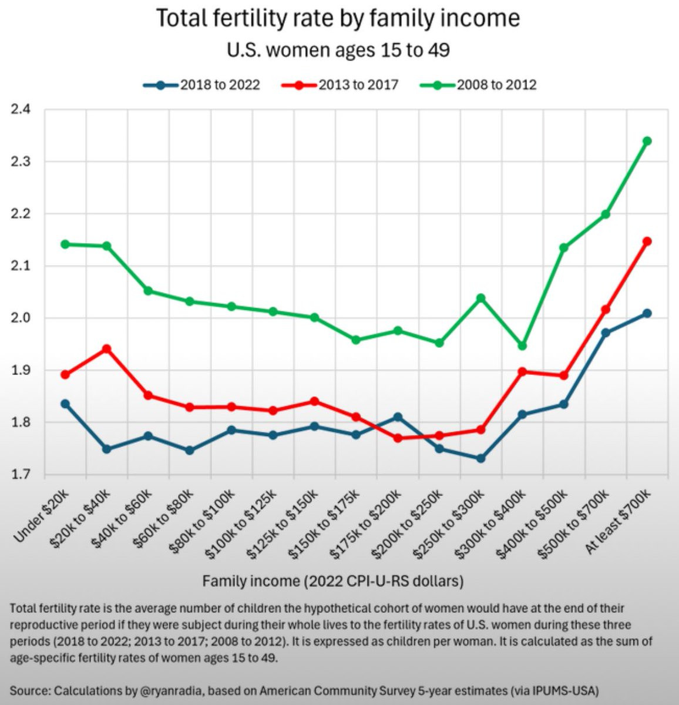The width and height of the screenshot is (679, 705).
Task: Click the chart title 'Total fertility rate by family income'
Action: [338, 19]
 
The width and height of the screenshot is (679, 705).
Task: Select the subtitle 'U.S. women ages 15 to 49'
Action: [338, 50]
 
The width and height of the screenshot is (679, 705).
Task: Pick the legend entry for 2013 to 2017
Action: [340, 85]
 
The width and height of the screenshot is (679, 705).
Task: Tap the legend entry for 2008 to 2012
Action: [478, 85]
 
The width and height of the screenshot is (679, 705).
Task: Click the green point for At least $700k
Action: [647, 141]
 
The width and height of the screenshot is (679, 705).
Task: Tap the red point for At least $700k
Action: [647, 241]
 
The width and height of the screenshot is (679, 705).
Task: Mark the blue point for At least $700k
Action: [647, 313]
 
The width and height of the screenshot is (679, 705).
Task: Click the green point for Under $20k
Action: [65, 244]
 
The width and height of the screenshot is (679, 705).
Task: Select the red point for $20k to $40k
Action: [107, 349]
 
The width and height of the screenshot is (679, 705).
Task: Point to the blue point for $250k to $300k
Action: [480, 458]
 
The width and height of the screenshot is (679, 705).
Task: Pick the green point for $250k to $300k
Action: [480, 298]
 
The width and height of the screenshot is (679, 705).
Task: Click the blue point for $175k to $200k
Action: [398, 417]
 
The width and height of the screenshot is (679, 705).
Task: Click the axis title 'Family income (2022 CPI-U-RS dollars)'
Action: [333, 581]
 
